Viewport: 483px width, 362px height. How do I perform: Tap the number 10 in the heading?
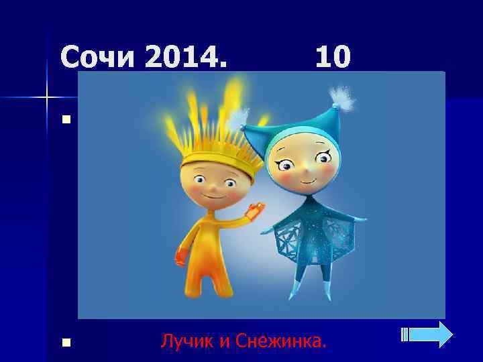(x=333, y=58)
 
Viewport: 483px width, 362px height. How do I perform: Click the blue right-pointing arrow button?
(x=433, y=334)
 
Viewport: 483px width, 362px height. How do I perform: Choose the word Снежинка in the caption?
(x=282, y=342)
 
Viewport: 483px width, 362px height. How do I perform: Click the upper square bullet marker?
(x=65, y=121)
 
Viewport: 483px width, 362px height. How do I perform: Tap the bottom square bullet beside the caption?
(x=65, y=343)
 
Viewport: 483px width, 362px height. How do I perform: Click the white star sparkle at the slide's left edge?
(x=47, y=99)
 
